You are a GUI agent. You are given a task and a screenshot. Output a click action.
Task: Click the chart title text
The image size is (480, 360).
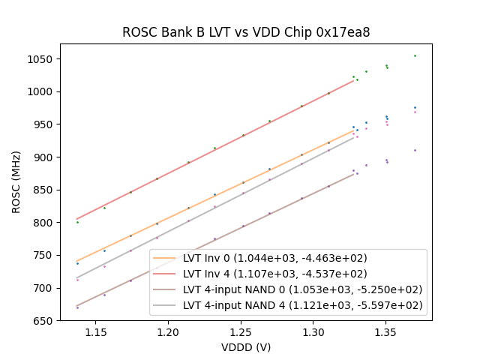246,33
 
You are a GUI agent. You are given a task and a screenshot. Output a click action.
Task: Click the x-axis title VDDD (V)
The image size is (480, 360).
246,347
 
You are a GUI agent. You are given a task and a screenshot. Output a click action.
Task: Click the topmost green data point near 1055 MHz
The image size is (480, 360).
415,55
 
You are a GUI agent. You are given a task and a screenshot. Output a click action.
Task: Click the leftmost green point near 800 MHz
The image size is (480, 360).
77,222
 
